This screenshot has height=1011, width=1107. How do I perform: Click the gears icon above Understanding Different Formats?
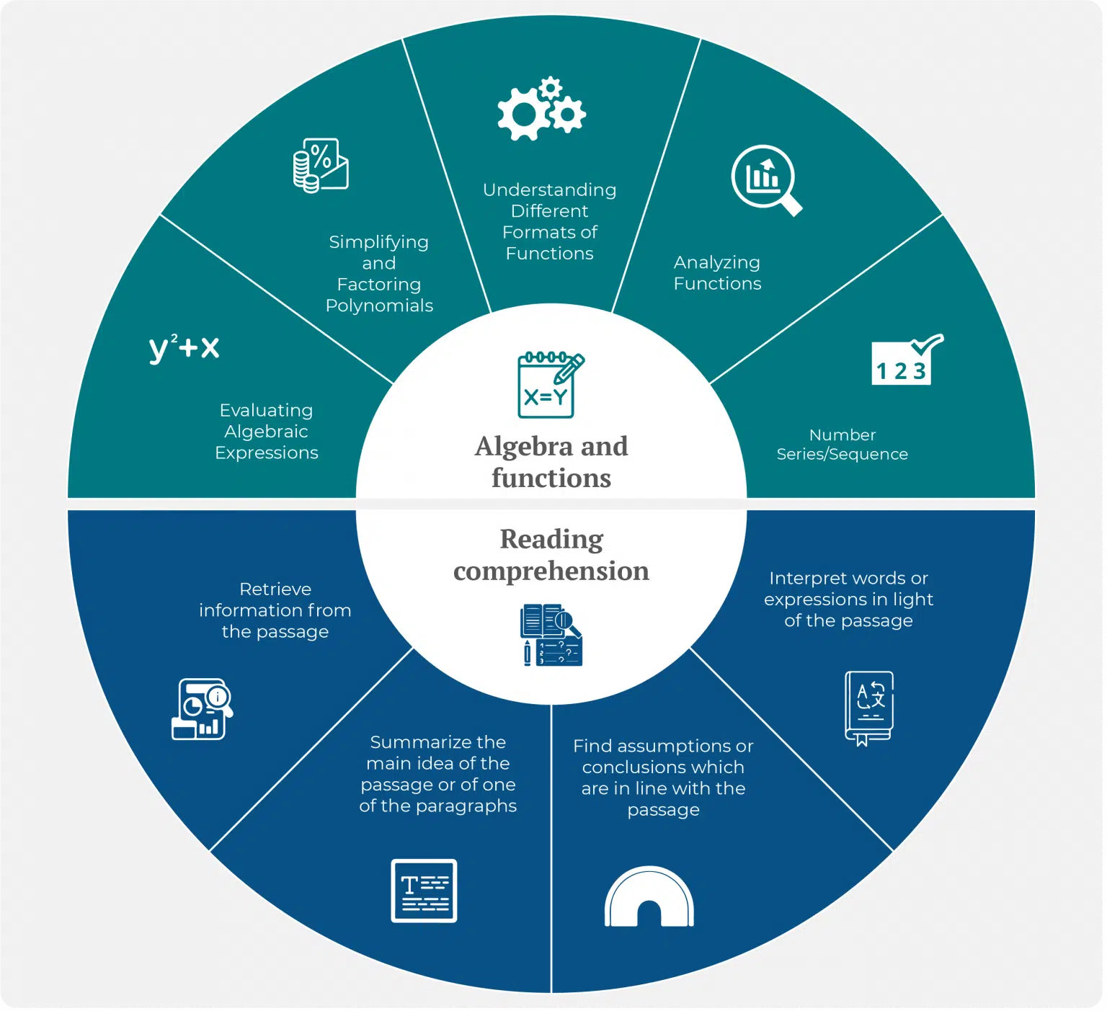(x=541, y=109)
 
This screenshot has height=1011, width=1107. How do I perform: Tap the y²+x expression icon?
(x=184, y=348)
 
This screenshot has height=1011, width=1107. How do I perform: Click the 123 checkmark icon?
(x=907, y=359)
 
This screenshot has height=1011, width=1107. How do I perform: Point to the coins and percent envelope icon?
(x=321, y=166)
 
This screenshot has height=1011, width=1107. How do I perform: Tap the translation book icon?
(x=869, y=708)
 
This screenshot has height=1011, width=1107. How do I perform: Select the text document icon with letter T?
(x=424, y=891)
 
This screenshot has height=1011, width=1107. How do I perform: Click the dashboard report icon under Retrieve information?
(x=203, y=709)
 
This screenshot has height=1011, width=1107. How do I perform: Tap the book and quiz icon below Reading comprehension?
(x=551, y=635)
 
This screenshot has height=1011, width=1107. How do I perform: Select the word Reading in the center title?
(x=551, y=539)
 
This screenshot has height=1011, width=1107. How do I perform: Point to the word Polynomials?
(x=379, y=306)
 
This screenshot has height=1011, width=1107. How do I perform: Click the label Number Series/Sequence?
(x=842, y=445)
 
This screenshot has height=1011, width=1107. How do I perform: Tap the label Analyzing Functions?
(x=717, y=273)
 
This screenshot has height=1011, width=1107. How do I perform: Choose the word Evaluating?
(x=266, y=410)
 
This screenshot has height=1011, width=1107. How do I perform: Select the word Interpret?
(x=808, y=579)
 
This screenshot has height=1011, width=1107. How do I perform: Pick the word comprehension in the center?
(x=551, y=571)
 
